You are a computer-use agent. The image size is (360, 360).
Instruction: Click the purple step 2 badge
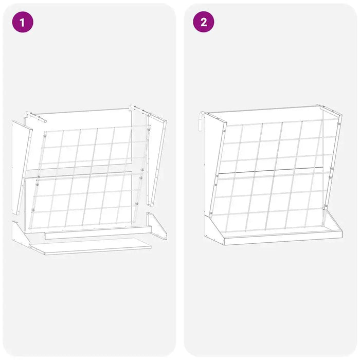pos(204,22)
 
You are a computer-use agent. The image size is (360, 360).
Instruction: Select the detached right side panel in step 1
pos(157,159)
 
